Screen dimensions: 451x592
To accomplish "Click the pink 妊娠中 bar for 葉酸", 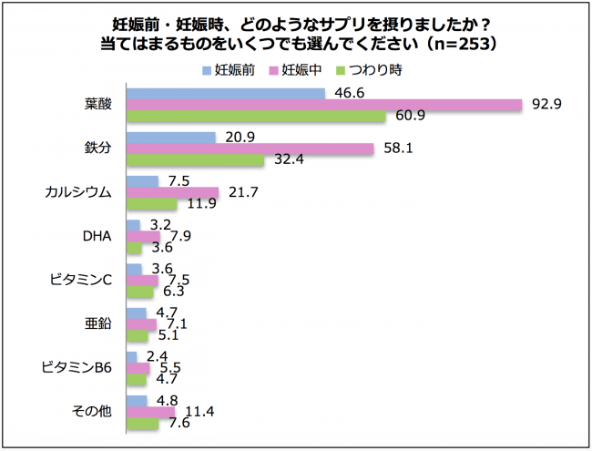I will [323, 105].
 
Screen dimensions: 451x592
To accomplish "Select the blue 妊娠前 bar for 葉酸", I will [226, 93].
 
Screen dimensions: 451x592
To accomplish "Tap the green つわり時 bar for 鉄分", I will [196, 160].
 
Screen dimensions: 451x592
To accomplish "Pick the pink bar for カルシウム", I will [173, 192].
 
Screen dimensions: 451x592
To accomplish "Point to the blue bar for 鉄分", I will [171, 137].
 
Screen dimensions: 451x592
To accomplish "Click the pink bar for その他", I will [151, 412].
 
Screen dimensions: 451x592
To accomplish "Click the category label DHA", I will [96, 236].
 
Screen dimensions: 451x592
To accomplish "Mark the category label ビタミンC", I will [81, 280].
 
